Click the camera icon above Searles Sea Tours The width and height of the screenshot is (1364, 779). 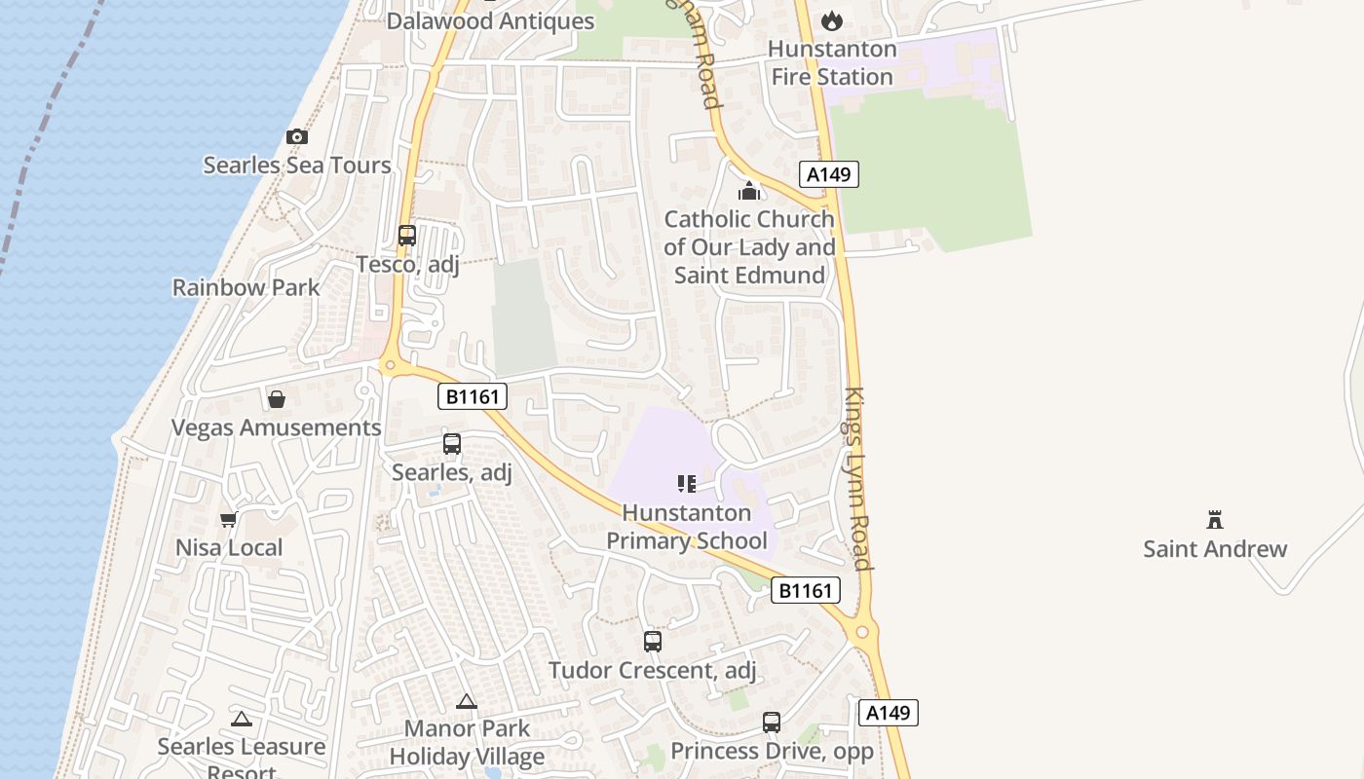[x=297, y=137]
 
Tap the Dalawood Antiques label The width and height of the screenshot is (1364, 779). [x=490, y=20]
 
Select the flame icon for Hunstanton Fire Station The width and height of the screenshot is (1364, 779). [x=832, y=20]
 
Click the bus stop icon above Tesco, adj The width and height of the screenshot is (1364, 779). [x=407, y=236]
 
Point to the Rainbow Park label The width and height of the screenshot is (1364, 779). [x=246, y=287]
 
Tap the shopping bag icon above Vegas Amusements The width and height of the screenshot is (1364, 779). [x=277, y=399]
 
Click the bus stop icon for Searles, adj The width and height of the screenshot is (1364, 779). [x=452, y=444]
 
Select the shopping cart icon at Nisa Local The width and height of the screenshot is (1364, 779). [x=229, y=520]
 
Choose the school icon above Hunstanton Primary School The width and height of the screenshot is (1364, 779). [x=687, y=484]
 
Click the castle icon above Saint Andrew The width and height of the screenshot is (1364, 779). [x=1215, y=519]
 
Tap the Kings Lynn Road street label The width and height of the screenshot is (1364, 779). [x=856, y=478]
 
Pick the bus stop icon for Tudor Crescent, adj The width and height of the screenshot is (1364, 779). [x=653, y=642]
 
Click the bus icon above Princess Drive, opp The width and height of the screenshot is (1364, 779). [x=772, y=723]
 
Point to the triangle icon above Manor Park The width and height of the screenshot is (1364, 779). [x=467, y=701]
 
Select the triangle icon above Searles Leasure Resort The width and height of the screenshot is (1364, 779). [x=242, y=720]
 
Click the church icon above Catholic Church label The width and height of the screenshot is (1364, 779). [x=749, y=191]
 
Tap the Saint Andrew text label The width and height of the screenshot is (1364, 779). [x=1215, y=548]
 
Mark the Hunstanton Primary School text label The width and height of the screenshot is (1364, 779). [x=687, y=527]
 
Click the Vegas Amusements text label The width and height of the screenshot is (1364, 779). [x=276, y=427]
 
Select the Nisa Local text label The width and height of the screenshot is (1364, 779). [x=229, y=547]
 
